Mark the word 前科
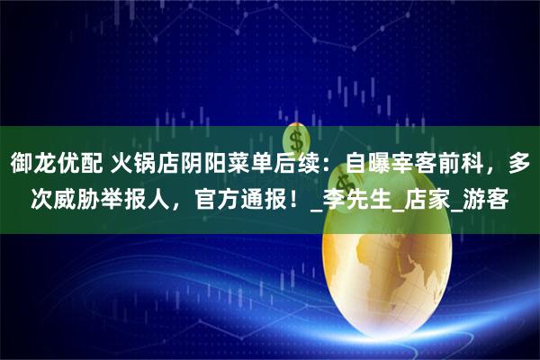point(456,164)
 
